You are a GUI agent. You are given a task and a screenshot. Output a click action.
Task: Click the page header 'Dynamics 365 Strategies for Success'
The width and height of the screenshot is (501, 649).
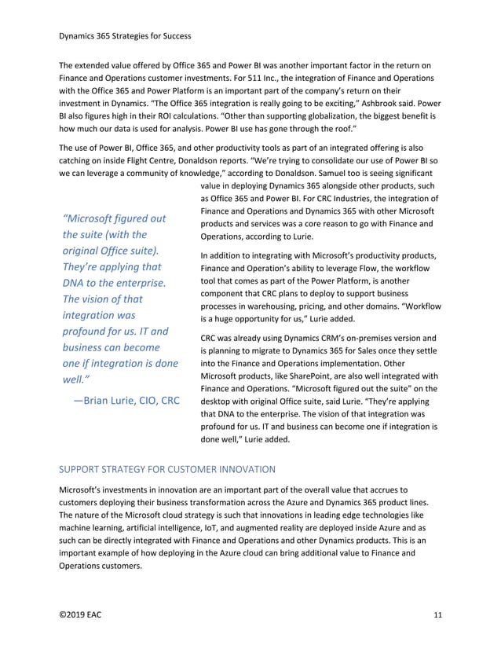click(126, 35)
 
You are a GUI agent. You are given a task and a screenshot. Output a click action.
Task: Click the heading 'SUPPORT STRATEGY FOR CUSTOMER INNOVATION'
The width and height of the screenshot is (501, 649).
click(167, 469)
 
